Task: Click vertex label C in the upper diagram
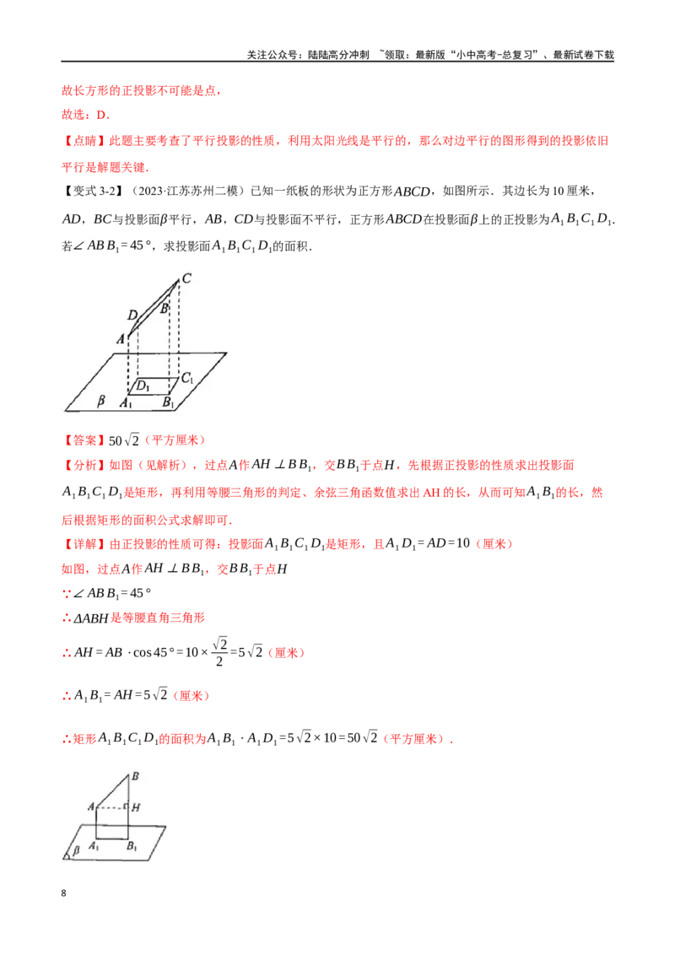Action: [x=186, y=278]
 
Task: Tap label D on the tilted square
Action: [x=132, y=315]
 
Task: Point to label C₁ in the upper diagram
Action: [x=187, y=378]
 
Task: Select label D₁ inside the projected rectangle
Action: [x=143, y=386]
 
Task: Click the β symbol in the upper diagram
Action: [x=101, y=400]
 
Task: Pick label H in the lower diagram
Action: [x=136, y=807]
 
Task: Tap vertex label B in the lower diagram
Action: [x=135, y=776]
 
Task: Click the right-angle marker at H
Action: [x=126, y=806]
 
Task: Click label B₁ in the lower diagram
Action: [x=132, y=846]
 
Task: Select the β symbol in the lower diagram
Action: [x=76, y=850]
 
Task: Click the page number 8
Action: [x=64, y=893]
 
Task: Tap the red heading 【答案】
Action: [x=84, y=440]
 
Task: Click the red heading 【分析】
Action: [x=84, y=466]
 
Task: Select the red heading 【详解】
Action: [x=84, y=544]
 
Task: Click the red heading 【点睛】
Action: [x=84, y=141]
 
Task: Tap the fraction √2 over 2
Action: [x=220, y=651]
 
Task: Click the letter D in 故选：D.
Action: [x=102, y=115]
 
